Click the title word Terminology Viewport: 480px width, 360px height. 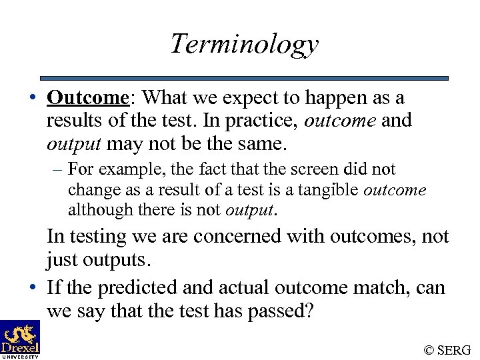point(244,45)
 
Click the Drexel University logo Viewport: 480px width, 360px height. point(20,339)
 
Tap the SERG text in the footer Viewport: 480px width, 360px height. point(455,349)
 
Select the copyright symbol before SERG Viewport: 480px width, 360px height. point(430,349)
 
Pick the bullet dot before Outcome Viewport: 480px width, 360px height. point(32,99)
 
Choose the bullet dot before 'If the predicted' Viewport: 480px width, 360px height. point(32,289)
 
